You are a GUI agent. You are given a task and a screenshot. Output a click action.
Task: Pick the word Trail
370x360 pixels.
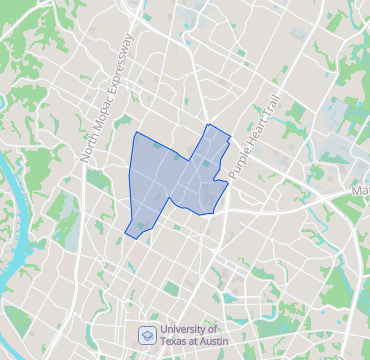(268, 110)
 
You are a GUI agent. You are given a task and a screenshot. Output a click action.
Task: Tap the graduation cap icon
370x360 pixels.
(146, 334)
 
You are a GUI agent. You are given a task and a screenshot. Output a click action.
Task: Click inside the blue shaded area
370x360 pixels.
(165, 180)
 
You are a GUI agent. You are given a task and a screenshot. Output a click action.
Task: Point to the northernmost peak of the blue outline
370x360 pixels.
(207, 124)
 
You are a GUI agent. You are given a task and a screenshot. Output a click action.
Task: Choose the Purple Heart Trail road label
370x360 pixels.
(253, 137)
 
